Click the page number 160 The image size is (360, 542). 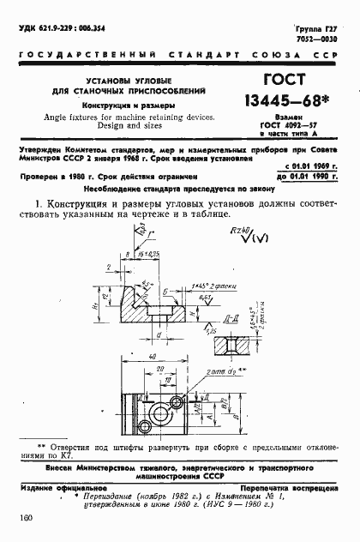[23, 517]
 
